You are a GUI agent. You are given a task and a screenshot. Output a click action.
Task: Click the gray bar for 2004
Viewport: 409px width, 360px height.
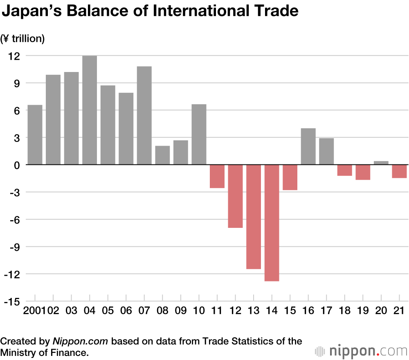(90, 110)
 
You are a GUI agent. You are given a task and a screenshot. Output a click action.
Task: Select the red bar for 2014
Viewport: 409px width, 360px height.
(272, 223)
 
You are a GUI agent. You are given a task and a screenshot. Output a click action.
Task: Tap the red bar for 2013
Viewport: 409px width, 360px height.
(254, 217)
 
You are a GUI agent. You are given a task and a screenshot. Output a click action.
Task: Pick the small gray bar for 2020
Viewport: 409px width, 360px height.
(381, 163)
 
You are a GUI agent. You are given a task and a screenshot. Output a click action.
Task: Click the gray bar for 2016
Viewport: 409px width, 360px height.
(308, 146)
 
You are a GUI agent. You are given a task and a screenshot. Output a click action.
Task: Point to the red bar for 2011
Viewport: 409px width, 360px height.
(217, 176)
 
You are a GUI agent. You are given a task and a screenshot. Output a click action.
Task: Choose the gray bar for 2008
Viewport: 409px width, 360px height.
(162, 155)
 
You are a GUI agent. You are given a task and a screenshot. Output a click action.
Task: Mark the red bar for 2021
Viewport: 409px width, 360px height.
(400, 171)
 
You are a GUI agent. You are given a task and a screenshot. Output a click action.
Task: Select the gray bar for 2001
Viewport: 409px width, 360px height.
(35, 135)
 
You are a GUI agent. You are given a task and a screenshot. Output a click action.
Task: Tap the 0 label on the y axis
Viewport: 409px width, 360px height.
(16, 165)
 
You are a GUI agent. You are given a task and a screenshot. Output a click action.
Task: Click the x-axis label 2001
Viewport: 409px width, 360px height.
(34, 310)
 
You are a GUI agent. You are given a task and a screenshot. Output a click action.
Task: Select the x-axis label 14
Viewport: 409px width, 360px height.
(272, 310)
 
